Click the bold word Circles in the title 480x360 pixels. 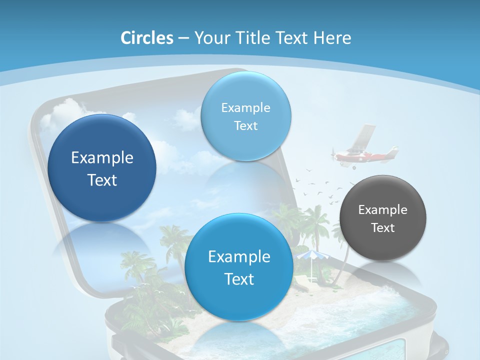coord(146,38)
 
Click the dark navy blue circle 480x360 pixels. coord(102,168)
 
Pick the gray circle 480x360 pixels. coord(383,218)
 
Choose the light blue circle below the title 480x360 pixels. coord(246,116)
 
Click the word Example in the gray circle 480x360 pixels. coord(383,209)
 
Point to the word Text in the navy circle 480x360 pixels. coord(102,180)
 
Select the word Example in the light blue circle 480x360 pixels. coord(246,107)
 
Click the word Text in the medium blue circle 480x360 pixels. coord(239,279)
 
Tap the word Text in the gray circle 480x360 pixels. coord(383,228)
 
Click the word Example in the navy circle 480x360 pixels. coord(102,157)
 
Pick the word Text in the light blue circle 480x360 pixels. coord(246,125)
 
